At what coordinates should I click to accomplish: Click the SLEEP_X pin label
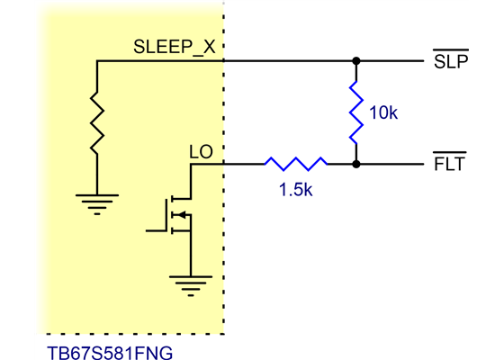click(x=174, y=48)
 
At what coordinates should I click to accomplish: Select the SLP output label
click(x=449, y=62)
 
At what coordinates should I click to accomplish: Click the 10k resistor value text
click(x=383, y=113)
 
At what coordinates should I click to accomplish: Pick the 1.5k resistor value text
click(x=295, y=191)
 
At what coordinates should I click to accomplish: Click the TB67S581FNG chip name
click(x=109, y=350)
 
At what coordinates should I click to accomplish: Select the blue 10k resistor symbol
click(x=356, y=112)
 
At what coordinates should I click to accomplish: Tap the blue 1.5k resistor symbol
click(x=295, y=164)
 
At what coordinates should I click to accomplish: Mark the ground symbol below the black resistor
click(x=95, y=203)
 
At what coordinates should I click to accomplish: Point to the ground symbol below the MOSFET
click(x=190, y=287)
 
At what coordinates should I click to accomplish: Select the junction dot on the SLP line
click(x=356, y=61)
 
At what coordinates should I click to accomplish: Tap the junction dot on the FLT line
click(x=356, y=165)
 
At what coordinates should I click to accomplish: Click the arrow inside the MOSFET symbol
click(x=183, y=214)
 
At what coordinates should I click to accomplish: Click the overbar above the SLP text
click(x=449, y=52)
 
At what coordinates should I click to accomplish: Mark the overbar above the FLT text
click(x=449, y=156)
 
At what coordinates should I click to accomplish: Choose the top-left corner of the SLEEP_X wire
click(x=95, y=61)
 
